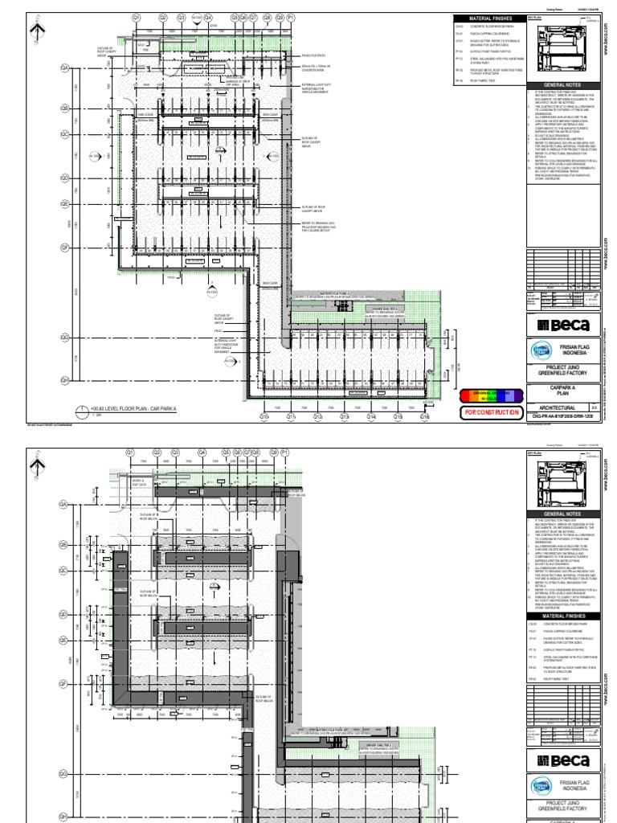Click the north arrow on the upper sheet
pos(35,32)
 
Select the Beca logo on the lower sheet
pos(562,760)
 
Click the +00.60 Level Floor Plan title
pos(132,408)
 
